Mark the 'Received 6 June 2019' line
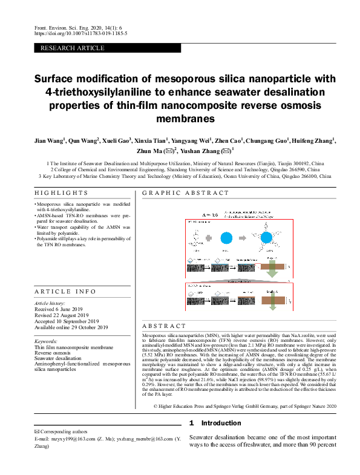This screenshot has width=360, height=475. click(x=61, y=309)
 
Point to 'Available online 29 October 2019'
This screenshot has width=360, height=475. click(x=71, y=327)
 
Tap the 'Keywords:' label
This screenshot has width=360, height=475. click(x=47, y=342)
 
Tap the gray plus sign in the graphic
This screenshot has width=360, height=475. click(x=209, y=238)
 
